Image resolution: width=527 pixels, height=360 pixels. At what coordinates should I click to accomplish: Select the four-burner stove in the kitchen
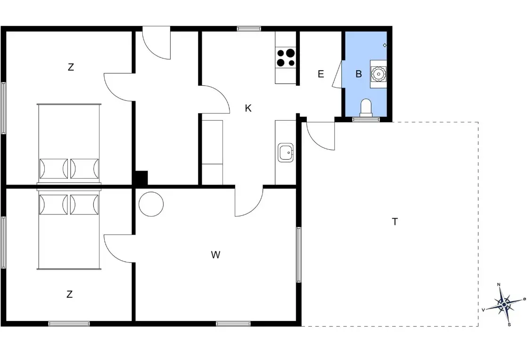coord(285,57)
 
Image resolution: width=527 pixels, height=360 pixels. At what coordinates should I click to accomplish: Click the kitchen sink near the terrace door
coord(285,153)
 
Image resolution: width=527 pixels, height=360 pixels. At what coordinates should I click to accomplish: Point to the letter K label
coord(248,108)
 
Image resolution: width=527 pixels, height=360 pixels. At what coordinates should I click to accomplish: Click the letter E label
coord(321,74)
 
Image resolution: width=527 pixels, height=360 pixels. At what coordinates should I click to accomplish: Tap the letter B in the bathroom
coord(358,74)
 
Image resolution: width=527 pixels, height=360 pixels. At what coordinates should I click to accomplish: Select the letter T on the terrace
coord(395,221)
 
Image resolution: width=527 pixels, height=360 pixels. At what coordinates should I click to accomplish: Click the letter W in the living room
coord(215,255)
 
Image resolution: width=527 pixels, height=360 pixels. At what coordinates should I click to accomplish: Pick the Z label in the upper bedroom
coord(71,67)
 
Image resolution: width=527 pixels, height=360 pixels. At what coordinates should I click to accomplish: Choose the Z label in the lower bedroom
coord(69,295)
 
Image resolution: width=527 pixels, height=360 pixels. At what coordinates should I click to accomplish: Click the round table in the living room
coord(151,205)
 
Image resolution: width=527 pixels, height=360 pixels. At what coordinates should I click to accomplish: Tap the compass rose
coord(503,304)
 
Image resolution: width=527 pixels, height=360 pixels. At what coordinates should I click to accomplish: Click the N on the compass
coord(499,285)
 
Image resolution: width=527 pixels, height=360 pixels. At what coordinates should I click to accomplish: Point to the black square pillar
coord(140,178)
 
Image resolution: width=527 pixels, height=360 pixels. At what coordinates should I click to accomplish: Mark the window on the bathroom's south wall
coord(366,120)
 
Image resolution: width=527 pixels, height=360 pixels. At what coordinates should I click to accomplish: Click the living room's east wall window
coord(299,255)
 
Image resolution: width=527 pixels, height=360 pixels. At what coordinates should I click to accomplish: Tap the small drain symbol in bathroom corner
coord(385,45)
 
